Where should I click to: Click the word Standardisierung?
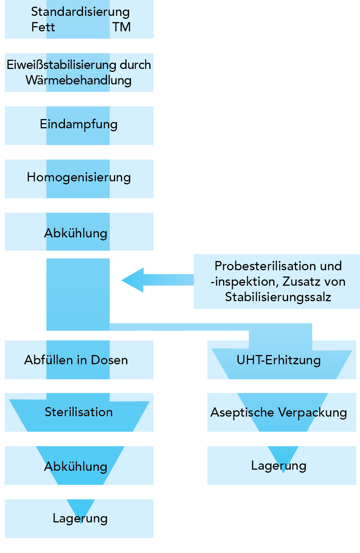pos(80,12)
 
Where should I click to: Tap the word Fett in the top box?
pos(43,27)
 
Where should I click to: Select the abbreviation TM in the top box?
pos(121,27)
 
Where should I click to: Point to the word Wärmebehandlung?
pos(79,80)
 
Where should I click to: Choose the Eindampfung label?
pos(79,124)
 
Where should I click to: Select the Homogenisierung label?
pos(79,177)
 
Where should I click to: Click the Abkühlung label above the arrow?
pos(76,233)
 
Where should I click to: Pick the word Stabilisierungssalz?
pos(278,297)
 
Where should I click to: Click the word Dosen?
pos(109,360)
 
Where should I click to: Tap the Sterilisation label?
pos(79,412)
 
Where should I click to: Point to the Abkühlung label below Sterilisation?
pos(76,466)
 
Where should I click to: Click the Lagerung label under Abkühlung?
pos(80,518)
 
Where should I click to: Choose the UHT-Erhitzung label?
pos(278,360)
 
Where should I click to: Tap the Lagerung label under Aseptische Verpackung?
pos(278,466)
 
